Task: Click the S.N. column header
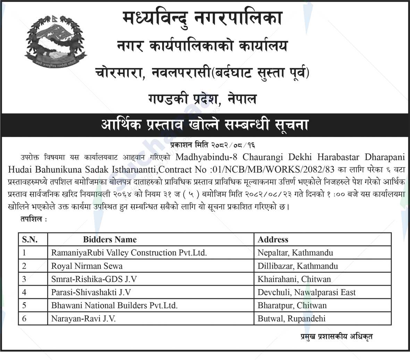[x=30, y=239]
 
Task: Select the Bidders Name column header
[x=110, y=239]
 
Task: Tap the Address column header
[x=273, y=239]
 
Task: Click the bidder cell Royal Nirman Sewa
[x=87, y=266]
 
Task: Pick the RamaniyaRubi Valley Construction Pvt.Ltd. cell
[x=129, y=253]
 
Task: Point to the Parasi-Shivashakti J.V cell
[x=91, y=292]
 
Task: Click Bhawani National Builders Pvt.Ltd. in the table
[x=114, y=305]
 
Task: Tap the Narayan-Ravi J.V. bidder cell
[x=83, y=318]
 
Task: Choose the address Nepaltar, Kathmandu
[x=295, y=253]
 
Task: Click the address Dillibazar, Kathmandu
[x=298, y=266]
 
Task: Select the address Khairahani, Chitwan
[x=294, y=279]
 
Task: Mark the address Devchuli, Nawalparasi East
[x=307, y=292]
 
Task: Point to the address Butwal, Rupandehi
[x=291, y=318]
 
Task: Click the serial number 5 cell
[x=24, y=305]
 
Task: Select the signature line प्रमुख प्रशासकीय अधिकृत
[x=337, y=336]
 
